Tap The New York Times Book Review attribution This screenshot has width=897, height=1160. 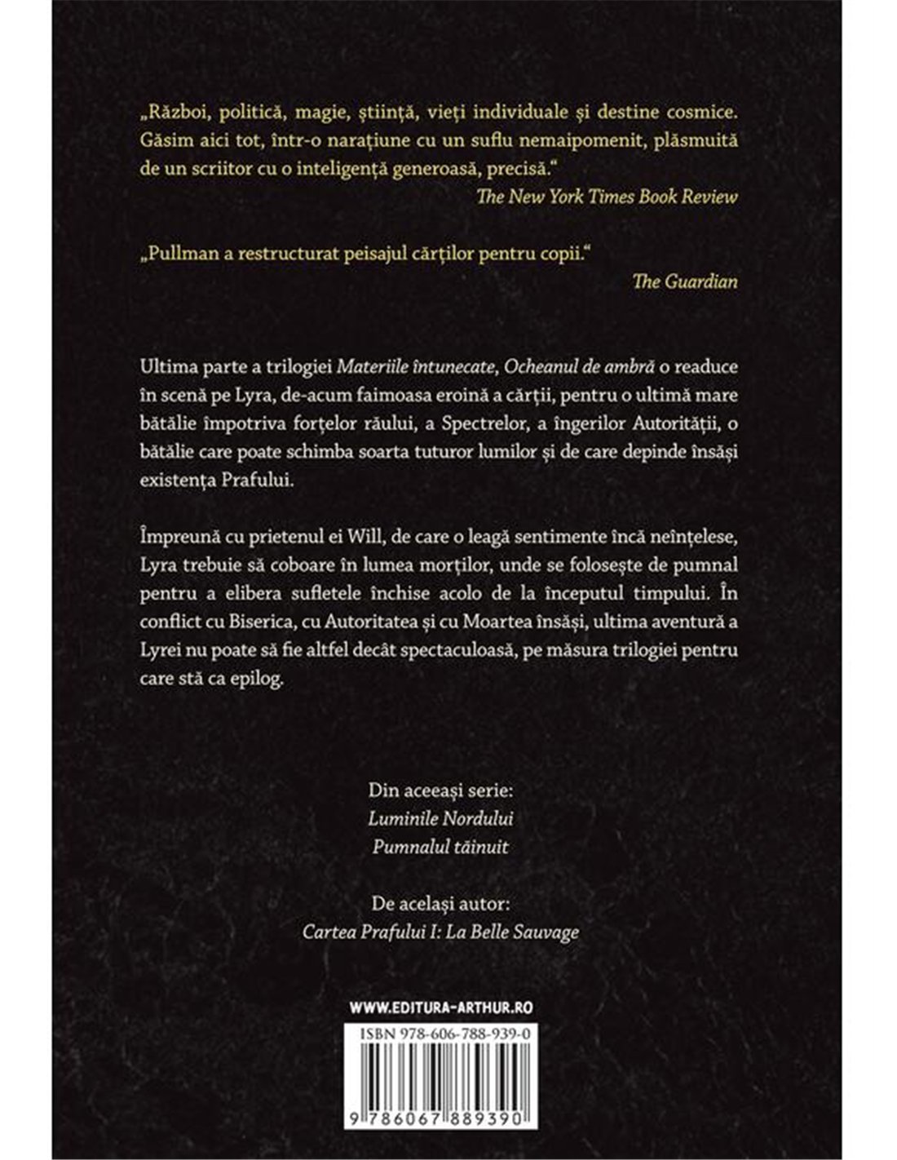[618, 196]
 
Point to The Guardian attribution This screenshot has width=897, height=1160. [685, 281]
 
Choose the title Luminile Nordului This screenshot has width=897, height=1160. [441, 819]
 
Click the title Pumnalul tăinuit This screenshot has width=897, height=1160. [440, 847]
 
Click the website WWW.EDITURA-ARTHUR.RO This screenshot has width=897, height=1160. [441, 1007]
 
